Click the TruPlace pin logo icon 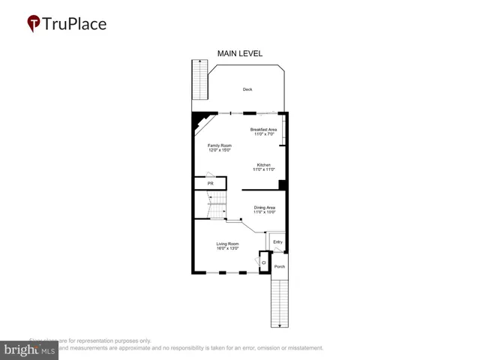click(34, 24)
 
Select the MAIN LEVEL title click(240, 53)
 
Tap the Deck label click(247, 89)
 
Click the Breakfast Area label click(264, 130)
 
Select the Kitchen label click(264, 165)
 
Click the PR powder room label click(211, 183)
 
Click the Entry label click(277, 241)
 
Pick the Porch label click(279, 266)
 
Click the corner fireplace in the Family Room click(201, 121)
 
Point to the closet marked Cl click(263, 262)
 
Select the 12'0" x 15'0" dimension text click(220, 150)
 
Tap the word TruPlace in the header click(75, 24)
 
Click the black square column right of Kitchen click(283, 184)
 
